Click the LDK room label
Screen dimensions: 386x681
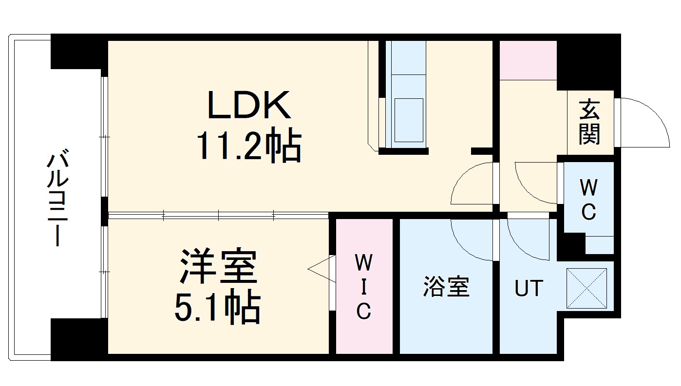click(249, 105)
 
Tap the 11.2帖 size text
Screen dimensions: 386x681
click(248, 147)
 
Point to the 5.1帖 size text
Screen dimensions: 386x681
click(217, 307)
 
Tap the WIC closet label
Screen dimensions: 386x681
click(363, 287)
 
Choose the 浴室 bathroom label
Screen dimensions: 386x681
click(446, 287)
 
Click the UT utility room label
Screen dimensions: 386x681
click(529, 289)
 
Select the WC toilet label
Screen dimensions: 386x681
click(588, 200)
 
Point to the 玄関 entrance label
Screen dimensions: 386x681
click(589, 122)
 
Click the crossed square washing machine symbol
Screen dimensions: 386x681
click(586, 289)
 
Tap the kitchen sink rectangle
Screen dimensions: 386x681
click(409, 120)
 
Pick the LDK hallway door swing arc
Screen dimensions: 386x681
click(470, 185)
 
